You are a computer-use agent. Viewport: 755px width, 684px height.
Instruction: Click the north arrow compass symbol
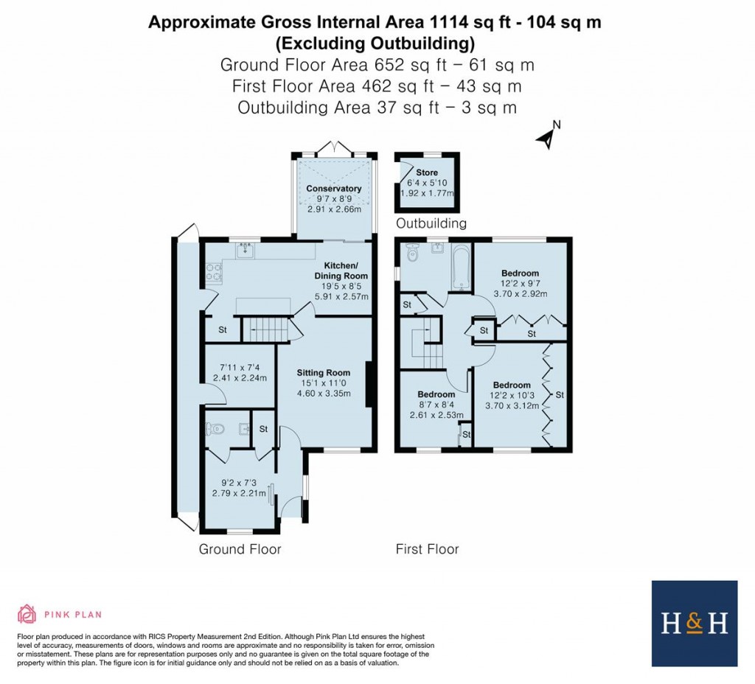[x=547, y=136]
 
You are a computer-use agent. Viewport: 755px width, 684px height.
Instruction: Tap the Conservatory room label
[x=334, y=189]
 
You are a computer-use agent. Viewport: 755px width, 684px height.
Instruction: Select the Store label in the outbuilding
[x=427, y=172]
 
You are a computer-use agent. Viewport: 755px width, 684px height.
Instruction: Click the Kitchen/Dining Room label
[x=341, y=271]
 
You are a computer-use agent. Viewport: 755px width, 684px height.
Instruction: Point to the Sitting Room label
[x=321, y=372]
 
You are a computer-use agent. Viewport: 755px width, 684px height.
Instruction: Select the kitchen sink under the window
[x=246, y=252]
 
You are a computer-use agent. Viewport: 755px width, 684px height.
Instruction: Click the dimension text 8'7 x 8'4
[x=436, y=405]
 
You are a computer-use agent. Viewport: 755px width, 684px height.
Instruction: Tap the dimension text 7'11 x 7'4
[x=239, y=367]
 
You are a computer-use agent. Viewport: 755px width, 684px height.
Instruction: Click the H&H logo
[x=694, y=624]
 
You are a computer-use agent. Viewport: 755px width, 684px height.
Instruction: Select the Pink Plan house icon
[x=27, y=614]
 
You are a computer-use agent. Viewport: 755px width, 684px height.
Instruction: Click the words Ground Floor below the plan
[x=240, y=549]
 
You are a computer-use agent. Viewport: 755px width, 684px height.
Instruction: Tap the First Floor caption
[x=427, y=549]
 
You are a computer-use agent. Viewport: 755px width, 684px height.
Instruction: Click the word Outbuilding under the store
[x=431, y=223]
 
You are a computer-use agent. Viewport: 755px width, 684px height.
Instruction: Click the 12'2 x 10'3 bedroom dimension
[x=512, y=395]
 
